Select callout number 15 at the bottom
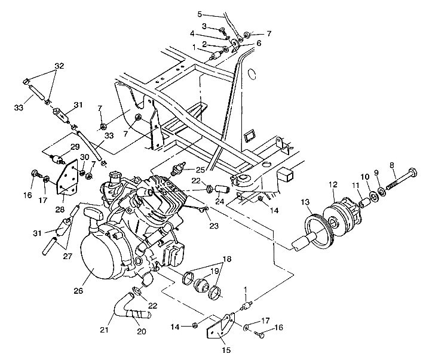[227, 350]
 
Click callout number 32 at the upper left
[59, 65]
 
